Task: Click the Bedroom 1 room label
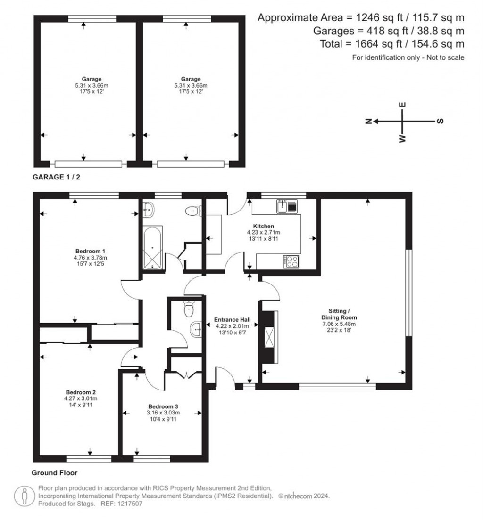point(90,251)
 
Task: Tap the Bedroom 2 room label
point(81,392)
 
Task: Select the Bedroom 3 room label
point(163,406)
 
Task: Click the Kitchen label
point(263,226)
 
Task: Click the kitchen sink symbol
point(287,206)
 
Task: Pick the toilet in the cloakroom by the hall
point(188,309)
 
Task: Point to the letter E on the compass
point(402,105)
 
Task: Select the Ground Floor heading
point(54,472)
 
